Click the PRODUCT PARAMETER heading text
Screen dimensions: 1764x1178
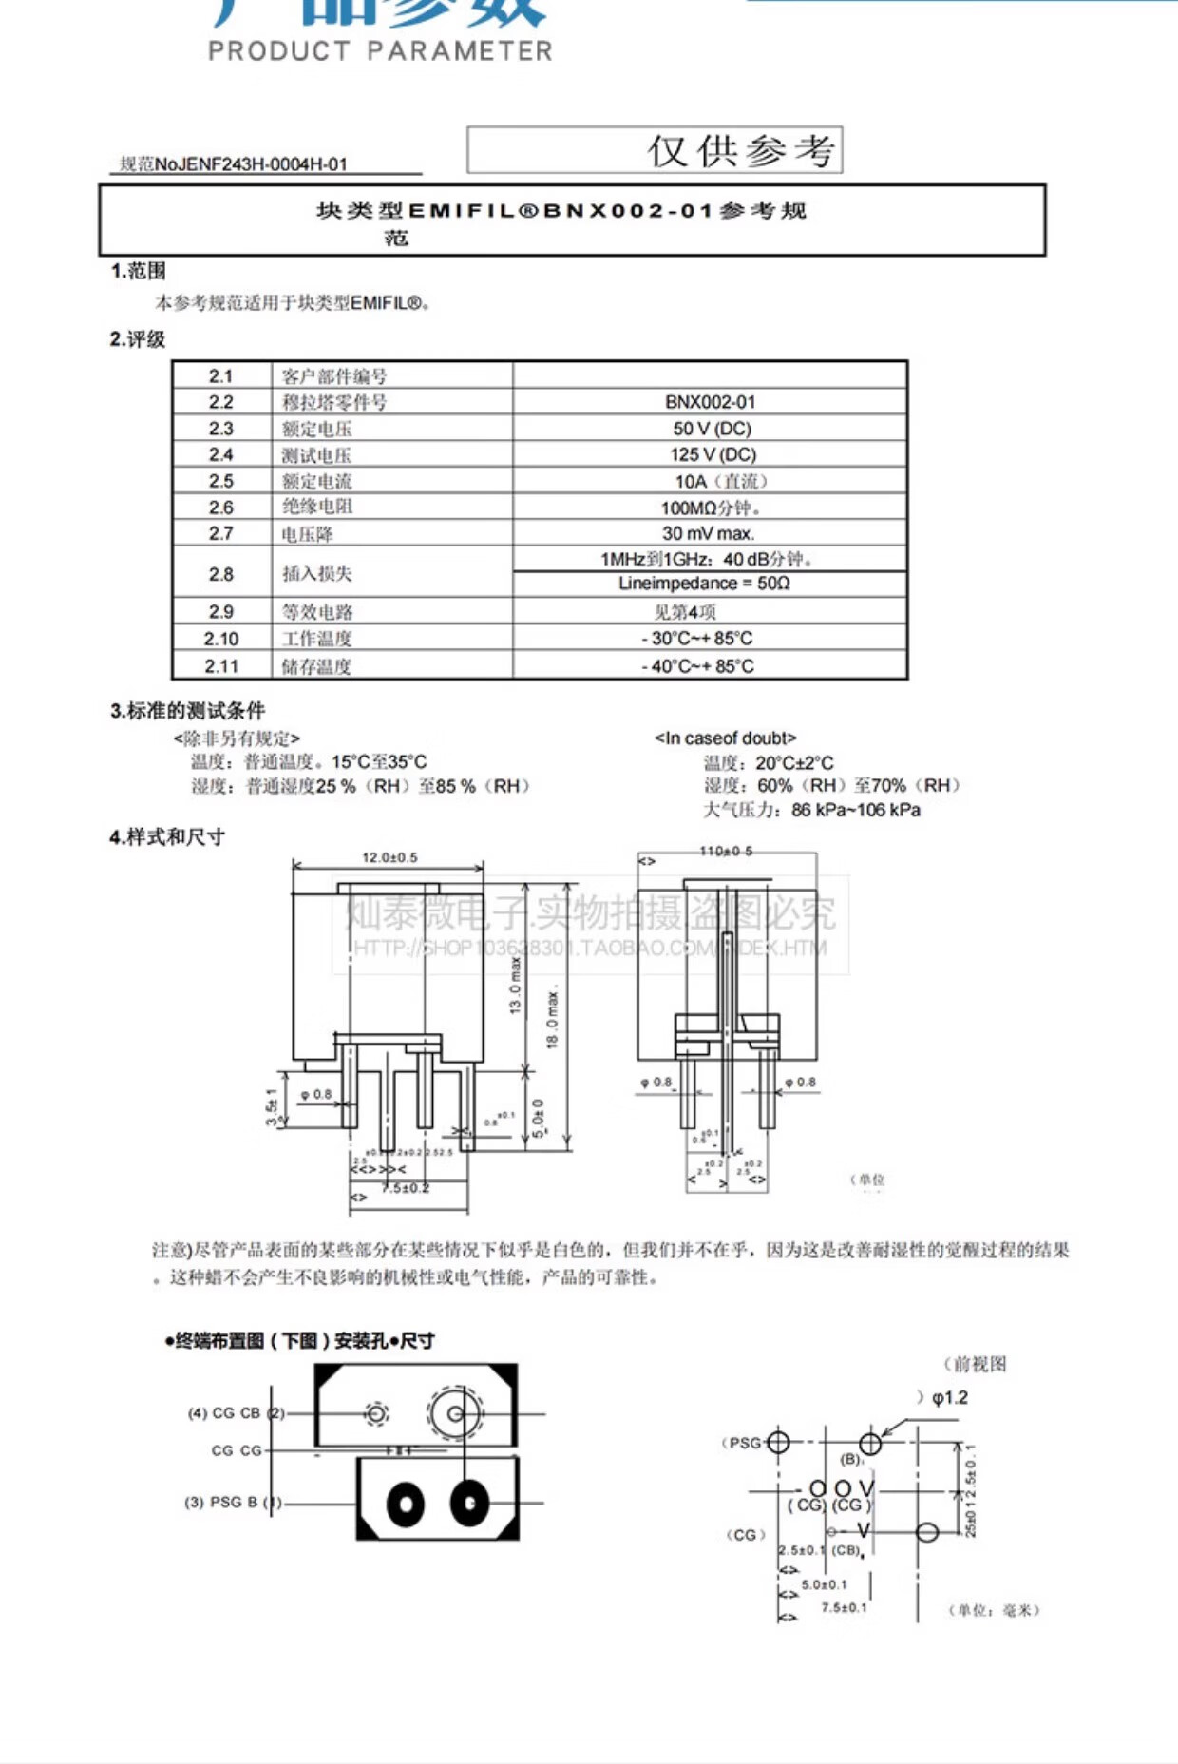(x=380, y=50)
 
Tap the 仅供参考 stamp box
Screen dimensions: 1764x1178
(x=655, y=150)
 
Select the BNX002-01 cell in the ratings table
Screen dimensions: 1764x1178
(x=710, y=402)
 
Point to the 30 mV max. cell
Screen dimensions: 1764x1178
(x=709, y=533)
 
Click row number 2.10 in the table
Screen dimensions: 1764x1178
(x=221, y=639)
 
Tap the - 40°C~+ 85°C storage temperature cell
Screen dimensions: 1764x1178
(x=697, y=666)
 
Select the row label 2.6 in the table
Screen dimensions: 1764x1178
(x=221, y=508)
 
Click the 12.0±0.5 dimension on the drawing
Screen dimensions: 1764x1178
(x=389, y=857)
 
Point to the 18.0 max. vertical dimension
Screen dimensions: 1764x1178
(x=553, y=1017)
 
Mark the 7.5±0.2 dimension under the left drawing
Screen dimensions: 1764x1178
(x=406, y=1188)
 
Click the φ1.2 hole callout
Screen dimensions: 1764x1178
(x=949, y=1397)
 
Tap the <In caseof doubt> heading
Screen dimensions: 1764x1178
(x=725, y=738)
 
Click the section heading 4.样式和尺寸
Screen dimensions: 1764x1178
(x=167, y=837)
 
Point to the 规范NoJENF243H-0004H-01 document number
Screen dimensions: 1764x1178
(x=234, y=164)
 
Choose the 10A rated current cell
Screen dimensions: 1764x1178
(x=719, y=481)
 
